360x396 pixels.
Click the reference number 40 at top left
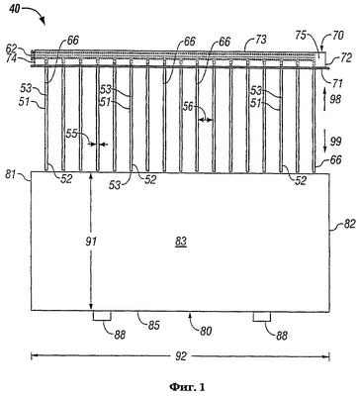point(14,9)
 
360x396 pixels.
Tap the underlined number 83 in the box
point(181,243)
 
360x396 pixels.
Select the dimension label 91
point(91,242)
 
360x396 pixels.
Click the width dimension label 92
point(181,356)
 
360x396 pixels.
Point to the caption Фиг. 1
point(187,386)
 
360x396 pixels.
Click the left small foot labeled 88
point(102,316)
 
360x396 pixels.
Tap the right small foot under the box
point(262,316)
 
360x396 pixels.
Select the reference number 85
point(153,326)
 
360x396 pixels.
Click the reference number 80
point(206,331)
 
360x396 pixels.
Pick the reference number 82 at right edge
point(349,224)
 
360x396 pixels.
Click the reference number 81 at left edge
point(11,174)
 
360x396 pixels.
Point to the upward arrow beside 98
point(324,95)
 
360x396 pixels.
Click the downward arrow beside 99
point(324,142)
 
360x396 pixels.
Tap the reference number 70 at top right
point(338,36)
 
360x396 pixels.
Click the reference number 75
point(303,36)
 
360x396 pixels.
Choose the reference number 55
point(72,134)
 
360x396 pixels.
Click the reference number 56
point(190,107)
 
